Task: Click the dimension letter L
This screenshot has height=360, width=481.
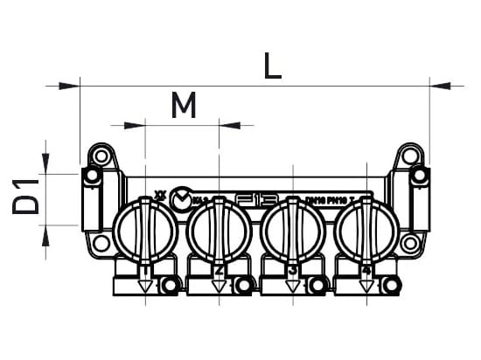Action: coord(274,66)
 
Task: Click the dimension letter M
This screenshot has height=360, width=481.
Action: coord(183,107)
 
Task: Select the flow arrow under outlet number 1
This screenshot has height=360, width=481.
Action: coord(144,286)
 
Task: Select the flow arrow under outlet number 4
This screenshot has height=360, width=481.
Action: coord(366,286)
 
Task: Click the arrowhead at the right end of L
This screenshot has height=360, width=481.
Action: coord(441,86)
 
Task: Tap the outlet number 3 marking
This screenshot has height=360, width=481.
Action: coord(293,271)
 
